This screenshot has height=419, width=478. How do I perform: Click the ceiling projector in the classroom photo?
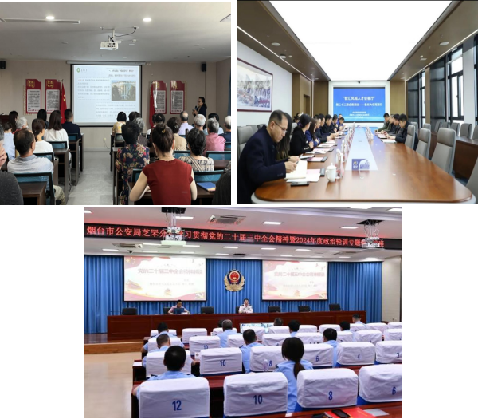click(x=110, y=44)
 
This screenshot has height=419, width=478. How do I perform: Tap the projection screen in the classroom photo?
click(x=105, y=93)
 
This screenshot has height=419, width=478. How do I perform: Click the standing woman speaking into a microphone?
click(x=201, y=107)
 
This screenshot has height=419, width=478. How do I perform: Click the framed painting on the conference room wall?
click(x=254, y=86)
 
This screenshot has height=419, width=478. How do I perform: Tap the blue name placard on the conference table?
click(x=360, y=164)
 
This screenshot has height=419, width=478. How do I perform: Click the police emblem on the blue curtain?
click(x=234, y=280)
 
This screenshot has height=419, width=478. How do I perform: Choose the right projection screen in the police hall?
click(x=294, y=279)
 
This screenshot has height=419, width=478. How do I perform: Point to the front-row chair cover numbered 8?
click(x=328, y=389)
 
